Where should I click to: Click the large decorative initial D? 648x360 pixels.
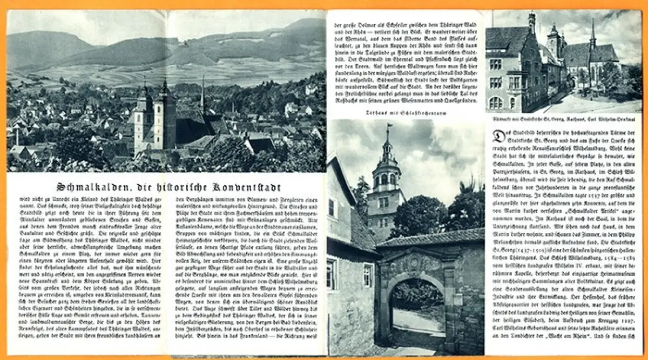(499, 135)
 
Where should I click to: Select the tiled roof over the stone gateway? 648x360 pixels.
(432, 237)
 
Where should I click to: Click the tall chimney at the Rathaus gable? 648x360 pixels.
(531, 24)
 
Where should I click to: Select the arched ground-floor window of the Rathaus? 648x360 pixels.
(495, 103)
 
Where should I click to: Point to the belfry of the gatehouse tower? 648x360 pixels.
(387, 178)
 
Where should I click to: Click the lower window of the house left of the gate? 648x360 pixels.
(331, 274)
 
